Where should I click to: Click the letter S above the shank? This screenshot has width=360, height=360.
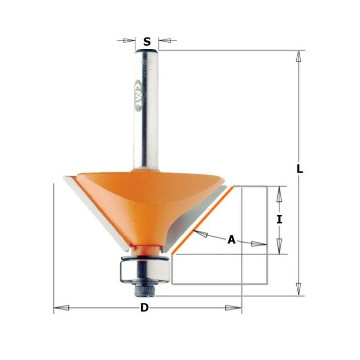point(147,42)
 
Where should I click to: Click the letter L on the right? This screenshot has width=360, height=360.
point(300,169)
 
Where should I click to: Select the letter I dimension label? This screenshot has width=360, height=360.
point(279,220)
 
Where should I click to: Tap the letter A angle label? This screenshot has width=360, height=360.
point(231,239)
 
